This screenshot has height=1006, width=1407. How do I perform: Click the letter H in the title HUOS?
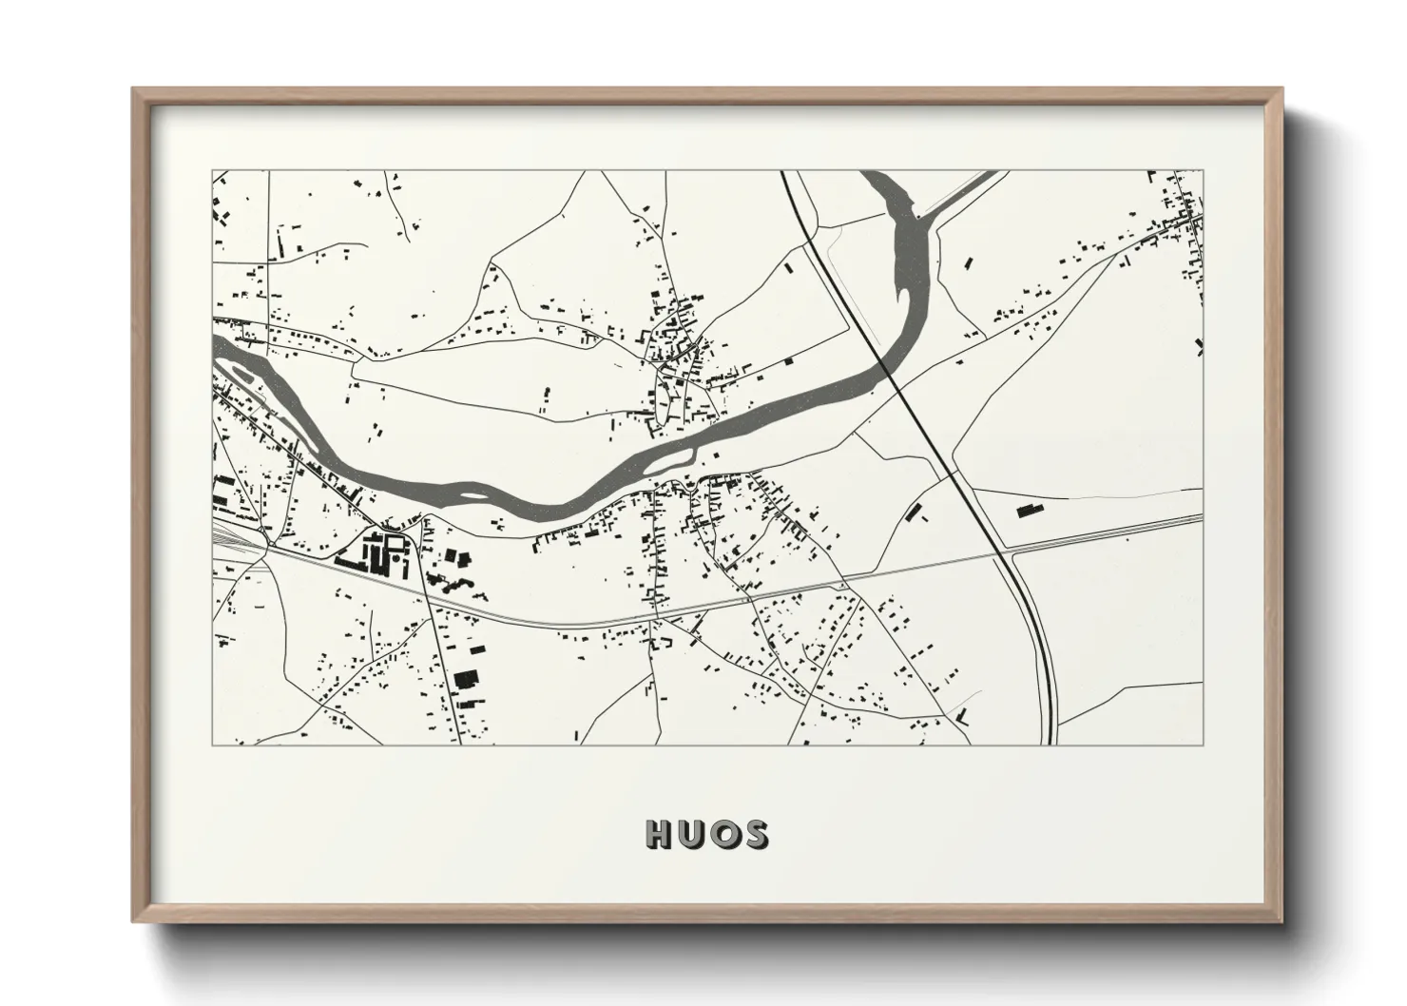coord(659,834)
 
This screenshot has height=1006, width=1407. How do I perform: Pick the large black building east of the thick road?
coord(1025,511)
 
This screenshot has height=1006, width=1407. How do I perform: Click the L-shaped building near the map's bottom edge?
coord(964,717)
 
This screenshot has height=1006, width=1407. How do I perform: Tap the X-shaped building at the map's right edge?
coord(1200,345)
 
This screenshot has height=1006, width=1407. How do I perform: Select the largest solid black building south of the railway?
coord(466,679)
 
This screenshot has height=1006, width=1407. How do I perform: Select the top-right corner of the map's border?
coord(1203,171)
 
